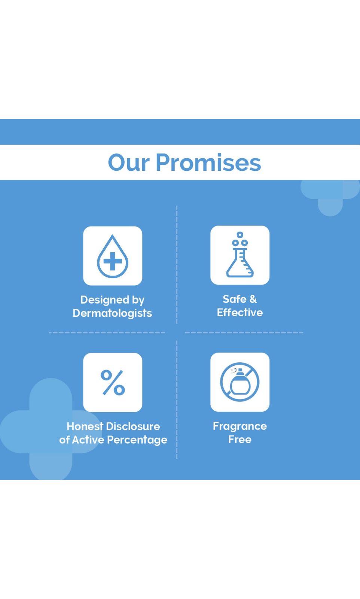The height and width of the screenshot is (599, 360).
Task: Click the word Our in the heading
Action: click(x=129, y=162)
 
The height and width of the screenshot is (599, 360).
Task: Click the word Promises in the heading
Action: click(x=208, y=162)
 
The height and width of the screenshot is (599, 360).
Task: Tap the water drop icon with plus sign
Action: click(x=113, y=256)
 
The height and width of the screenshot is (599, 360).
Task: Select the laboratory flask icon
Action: click(x=240, y=255)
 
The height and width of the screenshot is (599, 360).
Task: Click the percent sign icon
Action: click(x=113, y=382)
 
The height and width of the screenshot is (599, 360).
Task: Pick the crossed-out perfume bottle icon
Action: click(x=240, y=382)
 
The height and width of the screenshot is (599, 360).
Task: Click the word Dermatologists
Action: click(x=112, y=313)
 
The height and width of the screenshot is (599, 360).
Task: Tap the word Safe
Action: click(x=234, y=299)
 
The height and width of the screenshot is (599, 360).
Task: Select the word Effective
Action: click(x=240, y=312)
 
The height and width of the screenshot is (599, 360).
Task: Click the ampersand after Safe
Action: click(x=253, y=299)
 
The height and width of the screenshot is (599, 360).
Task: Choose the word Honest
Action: click(x=85, y=426)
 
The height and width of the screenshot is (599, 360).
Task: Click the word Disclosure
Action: click(x=133, y=426)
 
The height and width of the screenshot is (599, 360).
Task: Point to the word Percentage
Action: click(x=137, y=440)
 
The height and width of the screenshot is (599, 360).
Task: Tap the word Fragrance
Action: click(x=240, y=426)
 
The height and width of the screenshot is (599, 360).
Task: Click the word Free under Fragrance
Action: click(x=240, y=440)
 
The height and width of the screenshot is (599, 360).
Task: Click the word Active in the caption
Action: click(x=88, y=440)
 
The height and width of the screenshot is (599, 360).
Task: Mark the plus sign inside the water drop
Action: click(x=113, y=261)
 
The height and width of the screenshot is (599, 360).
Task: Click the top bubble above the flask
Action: click(x=240, y=235)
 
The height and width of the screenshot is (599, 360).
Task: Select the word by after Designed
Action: click(x=138, y=300)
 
